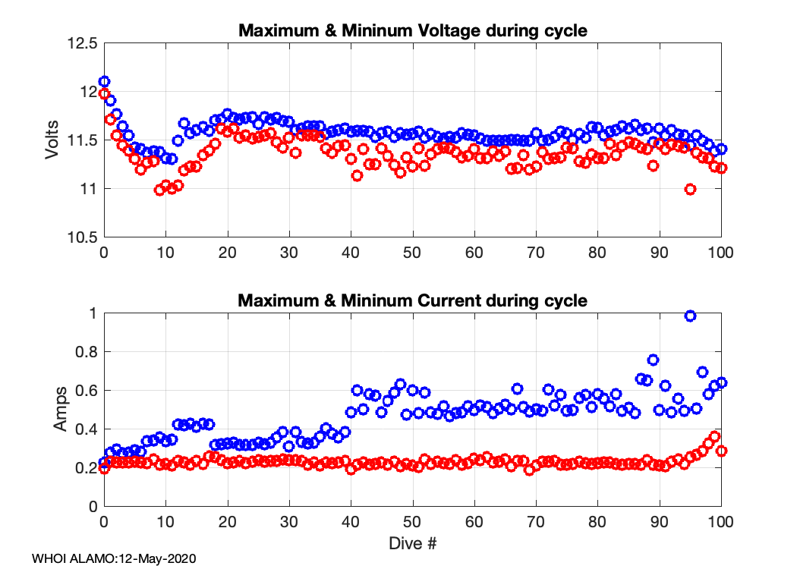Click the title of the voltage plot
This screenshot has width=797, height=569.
pos(412,31)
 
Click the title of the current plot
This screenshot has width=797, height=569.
pos(412,300)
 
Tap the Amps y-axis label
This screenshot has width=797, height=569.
pos(60,410)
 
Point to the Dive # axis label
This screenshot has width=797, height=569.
pos(412,543)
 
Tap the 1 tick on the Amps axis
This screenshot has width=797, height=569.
pos(93,313)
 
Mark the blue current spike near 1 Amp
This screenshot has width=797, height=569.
pos(690,316)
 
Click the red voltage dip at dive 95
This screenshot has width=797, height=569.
pos(690,189)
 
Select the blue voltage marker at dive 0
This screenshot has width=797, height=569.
pos(105,81)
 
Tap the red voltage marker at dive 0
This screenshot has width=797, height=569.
pos(105,93)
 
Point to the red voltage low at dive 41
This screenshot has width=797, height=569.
pos(357,175)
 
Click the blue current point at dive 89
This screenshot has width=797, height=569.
pos(653,360)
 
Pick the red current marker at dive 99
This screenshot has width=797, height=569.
pos(714,436)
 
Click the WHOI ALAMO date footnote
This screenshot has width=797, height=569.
pos(114,558)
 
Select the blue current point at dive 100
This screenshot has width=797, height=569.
pos(721,382)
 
